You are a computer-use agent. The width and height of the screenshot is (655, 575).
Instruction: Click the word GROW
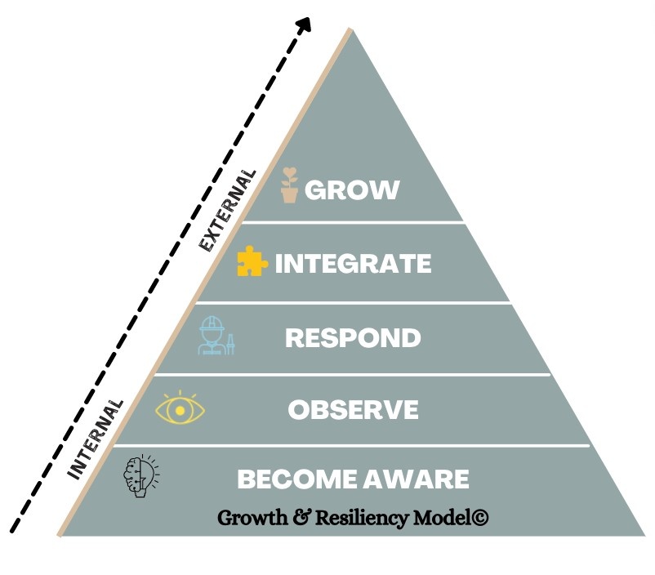click(352, 190)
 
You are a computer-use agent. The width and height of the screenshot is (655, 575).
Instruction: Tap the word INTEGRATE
click(353, 264)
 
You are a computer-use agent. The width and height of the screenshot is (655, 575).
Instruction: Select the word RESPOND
click(353, 337)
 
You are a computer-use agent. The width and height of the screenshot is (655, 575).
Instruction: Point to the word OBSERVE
click(353, 409)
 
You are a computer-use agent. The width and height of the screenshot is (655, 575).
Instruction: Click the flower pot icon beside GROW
click(288, 185)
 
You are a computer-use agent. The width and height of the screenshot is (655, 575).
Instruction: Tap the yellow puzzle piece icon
click(252, 261)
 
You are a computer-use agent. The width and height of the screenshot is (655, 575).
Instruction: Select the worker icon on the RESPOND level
click(215, 335)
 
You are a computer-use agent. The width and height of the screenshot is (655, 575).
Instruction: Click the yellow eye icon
click(180, 408)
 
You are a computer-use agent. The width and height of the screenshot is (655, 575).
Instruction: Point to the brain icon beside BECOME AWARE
click(140, 477)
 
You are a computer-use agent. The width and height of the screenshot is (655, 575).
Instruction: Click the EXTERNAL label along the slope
click(227, 210)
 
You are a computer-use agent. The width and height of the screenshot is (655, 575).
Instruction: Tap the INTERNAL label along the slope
click(96, 439)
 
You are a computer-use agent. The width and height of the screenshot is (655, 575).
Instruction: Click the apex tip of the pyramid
click(352, 29)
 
